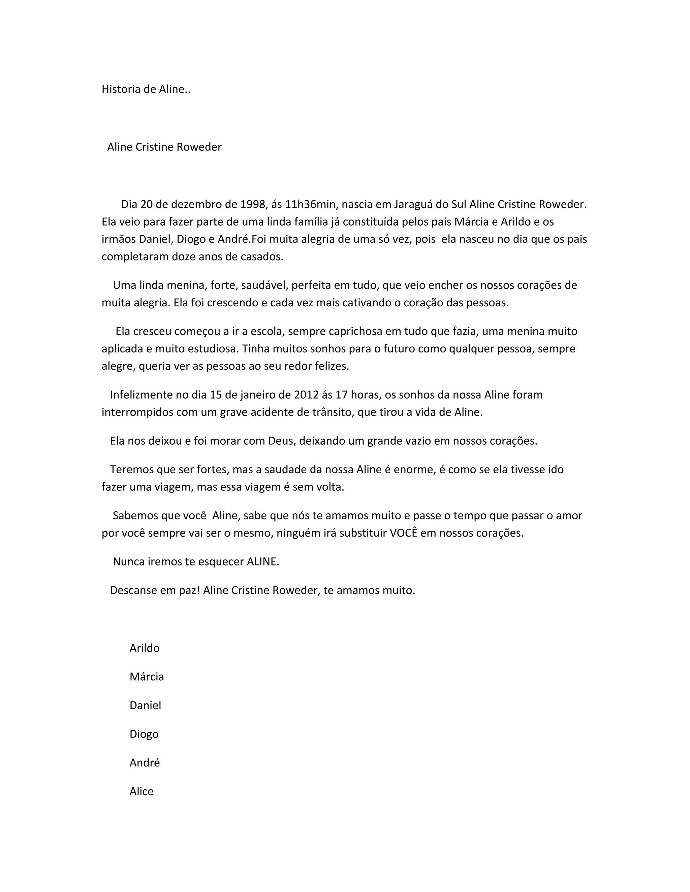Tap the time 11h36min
coord(310,204)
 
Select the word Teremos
coord(132,470)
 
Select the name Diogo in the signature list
coord(144,734)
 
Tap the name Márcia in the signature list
coord(146,677)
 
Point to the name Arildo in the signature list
coord(144,648)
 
